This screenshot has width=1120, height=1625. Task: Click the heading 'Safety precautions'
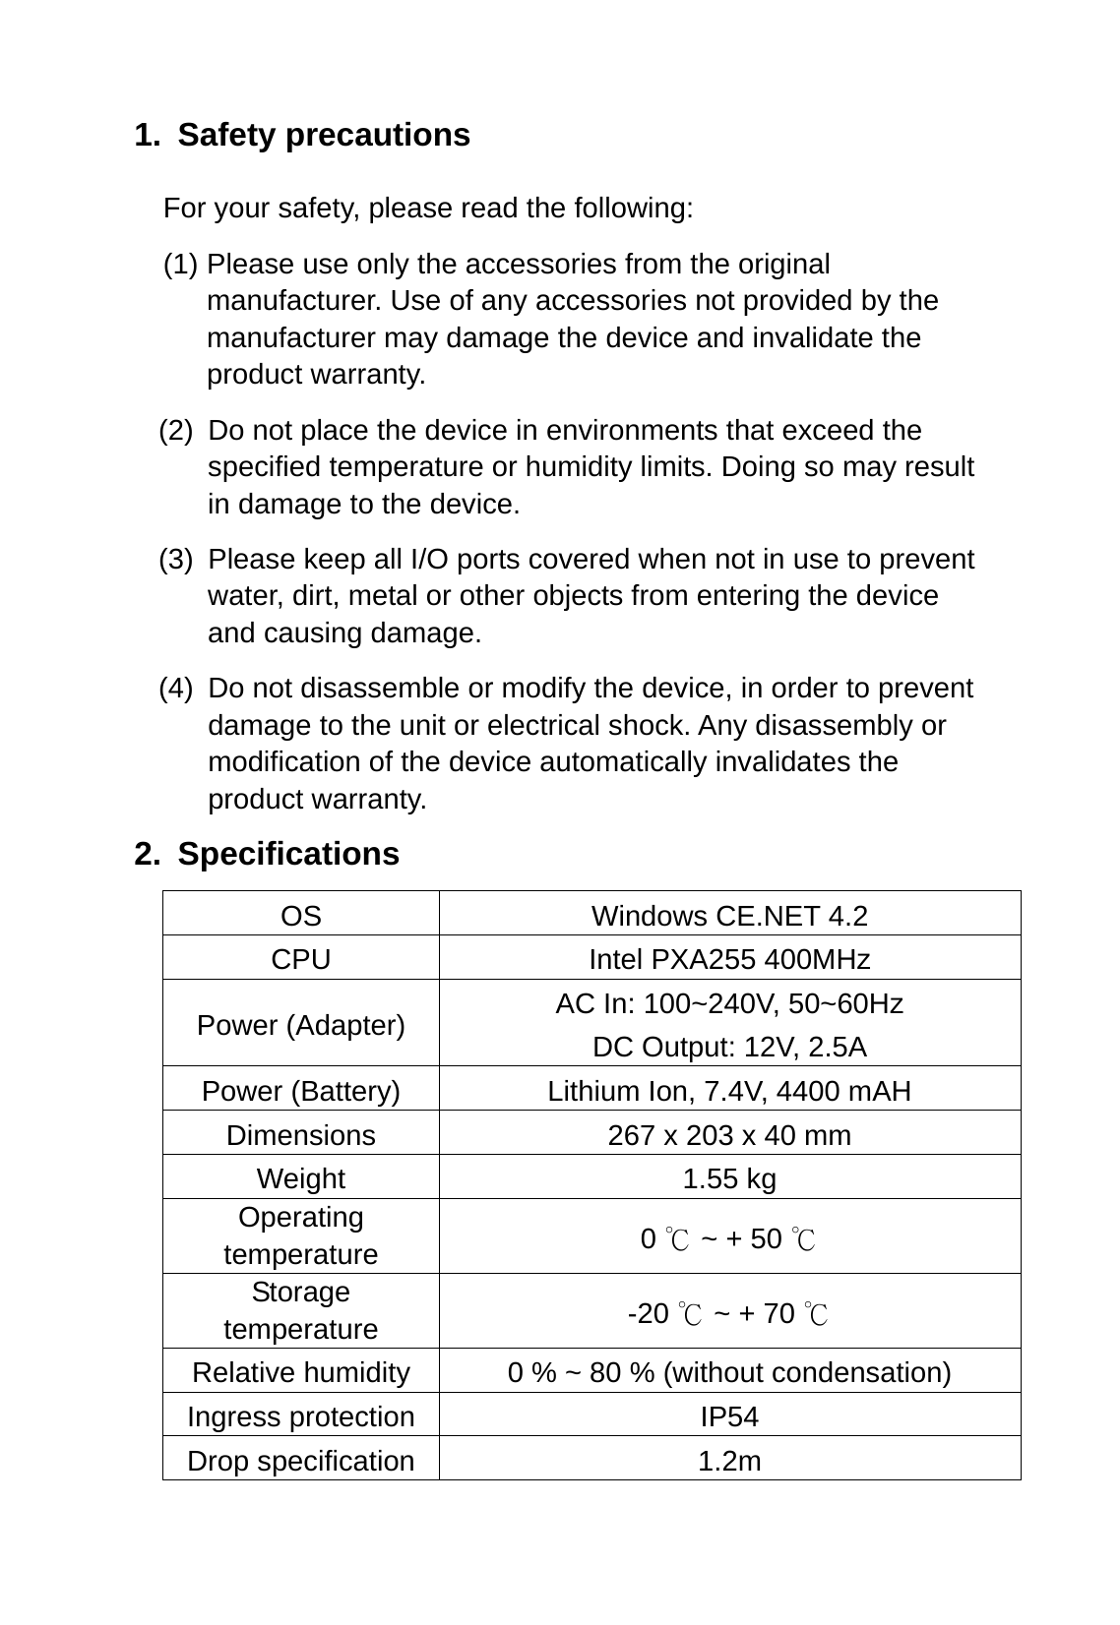pyautogui.click(x=323, y=135)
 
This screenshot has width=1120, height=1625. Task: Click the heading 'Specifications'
pyautogui.click(x=288, y=854)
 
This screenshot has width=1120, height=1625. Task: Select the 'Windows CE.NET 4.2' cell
pyautogui.click(x=729, y=916)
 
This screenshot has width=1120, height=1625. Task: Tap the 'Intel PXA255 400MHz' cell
pyautogui.click(x=729, y=959)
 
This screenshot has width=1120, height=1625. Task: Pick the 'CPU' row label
pyautogui.click(x=301, y=959)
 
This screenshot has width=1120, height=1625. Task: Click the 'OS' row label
pyautogui.click(x=301, y=916)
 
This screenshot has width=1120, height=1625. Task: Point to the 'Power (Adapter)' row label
pyautogui.click(x=301, y=1025)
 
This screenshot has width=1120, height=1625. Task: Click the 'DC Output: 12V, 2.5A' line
pyautogui.click(x=729, y=1048)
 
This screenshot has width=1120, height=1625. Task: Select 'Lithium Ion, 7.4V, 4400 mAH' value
pyautogui.click(x=729, y=1091)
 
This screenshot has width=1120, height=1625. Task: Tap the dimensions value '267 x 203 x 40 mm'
pyautogui.click(x=729, y=1135)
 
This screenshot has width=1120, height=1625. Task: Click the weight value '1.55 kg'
pyautogui.click(x=729, y=1178)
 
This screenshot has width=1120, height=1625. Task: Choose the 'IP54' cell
pyautogui.click(x=729, y=1416)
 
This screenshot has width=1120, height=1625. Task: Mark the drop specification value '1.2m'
pyautogui.click(x=729, y=1461)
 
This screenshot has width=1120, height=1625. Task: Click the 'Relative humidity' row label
pyautogui.click(x=301, y=1372)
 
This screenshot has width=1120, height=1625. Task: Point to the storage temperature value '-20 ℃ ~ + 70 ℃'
pyautogui.click(x=729, y=1313)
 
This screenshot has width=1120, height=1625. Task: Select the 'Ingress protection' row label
pyautogui.click(x=301, y=1416)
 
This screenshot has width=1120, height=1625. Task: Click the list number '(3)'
pyautogui.click(x=176, y=560)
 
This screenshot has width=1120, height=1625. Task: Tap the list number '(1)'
pyautogui.click(x=181, y=265)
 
